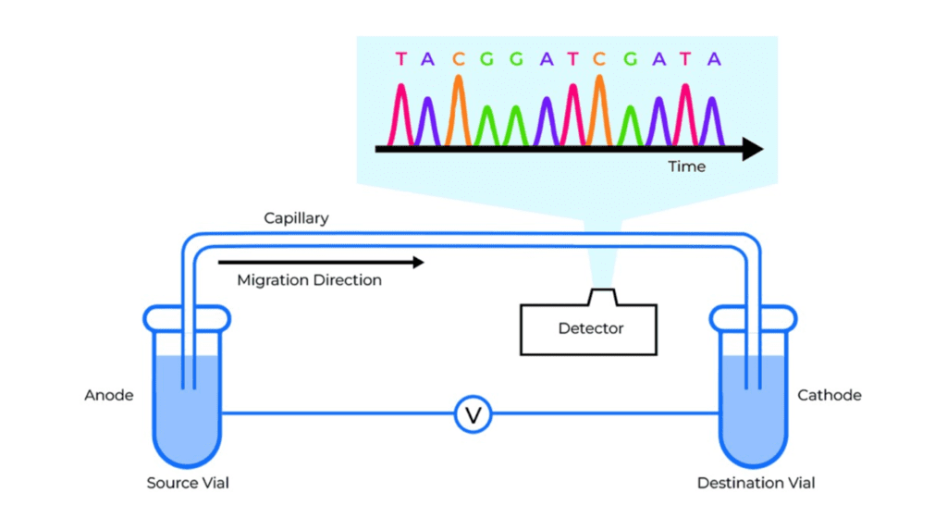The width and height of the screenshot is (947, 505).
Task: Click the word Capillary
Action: [296, 218]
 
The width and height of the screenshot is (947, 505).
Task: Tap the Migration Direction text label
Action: [309, 280]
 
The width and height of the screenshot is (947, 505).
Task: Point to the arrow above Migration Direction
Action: [321, 262]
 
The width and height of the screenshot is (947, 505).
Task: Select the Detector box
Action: [589, 328]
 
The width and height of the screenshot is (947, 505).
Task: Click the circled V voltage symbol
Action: [473, 414]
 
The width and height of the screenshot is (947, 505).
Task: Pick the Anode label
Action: [109, 395]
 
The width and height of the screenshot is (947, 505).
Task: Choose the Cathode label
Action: [830, 395]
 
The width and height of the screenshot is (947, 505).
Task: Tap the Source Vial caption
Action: [188, 483]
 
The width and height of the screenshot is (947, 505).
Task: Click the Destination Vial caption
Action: [756, 483]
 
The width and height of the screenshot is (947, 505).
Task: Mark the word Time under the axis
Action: [687, 166]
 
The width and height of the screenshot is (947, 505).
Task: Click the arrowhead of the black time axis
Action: [753, 149]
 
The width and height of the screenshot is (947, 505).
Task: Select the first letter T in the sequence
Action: [401, 59]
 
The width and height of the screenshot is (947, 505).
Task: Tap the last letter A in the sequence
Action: [715, 59]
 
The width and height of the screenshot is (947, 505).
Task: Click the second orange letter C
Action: [599, 59]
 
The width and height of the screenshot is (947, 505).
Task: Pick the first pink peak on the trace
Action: [400, 115]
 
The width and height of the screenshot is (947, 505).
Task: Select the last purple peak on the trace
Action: [713, 121]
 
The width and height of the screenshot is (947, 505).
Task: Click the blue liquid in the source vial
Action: [187, 411]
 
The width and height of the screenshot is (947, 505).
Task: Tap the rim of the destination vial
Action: [753, 319]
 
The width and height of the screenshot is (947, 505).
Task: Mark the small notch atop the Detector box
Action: [602, 297]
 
